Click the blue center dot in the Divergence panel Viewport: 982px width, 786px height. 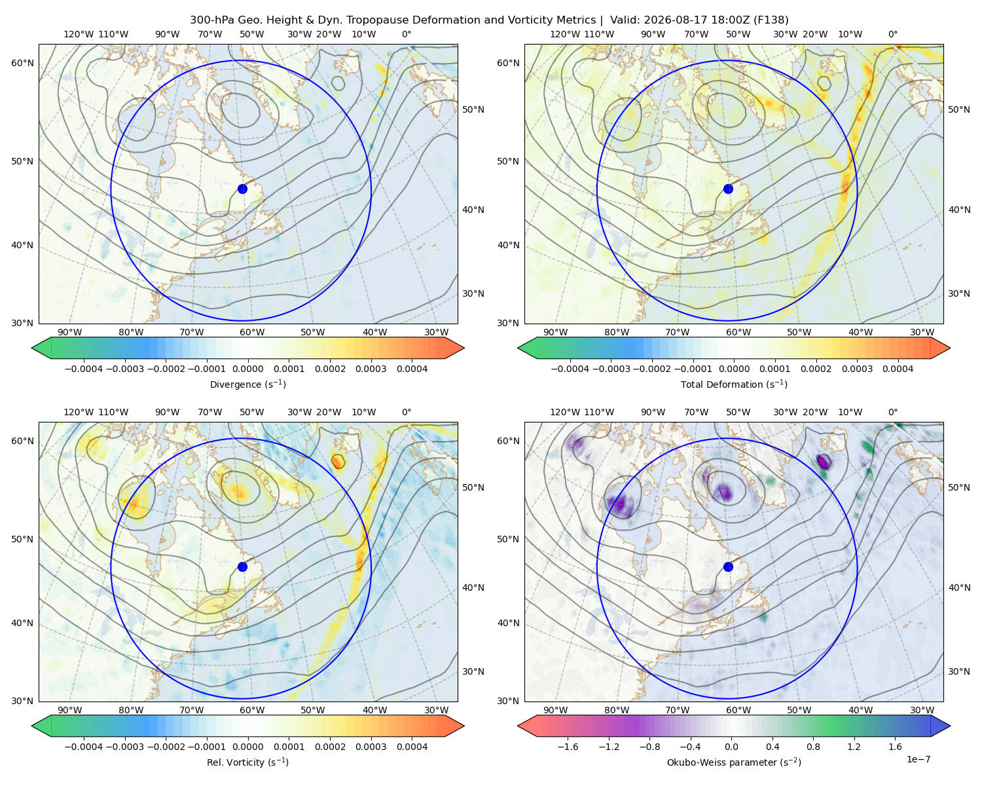click(x=242, y=189)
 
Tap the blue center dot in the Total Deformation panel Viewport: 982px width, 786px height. click(x=728, y=189)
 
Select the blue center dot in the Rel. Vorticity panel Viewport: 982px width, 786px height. click(x=242, y=567)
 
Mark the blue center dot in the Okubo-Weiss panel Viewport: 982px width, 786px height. click(x=728, y=567)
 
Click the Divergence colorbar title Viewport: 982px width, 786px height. click(x=247, y=384)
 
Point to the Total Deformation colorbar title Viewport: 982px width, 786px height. click(x=734, y=384)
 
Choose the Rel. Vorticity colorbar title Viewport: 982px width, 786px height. click(x=247, y=762)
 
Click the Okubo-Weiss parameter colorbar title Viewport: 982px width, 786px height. click(x=734, y=762)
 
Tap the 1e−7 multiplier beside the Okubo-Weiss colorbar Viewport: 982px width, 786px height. click(x=918, y=759)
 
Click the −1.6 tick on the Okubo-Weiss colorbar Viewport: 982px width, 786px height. click(x=568, y=746)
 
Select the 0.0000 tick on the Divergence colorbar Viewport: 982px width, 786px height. click(x=247, y=369)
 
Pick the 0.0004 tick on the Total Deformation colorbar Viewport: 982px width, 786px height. click(x=898, y=369)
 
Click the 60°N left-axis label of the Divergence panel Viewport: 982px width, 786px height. click(x=22, y=63)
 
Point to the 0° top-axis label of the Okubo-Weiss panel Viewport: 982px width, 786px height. click(x=892, y=411)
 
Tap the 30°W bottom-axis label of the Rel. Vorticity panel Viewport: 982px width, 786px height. click(x=436, y=710)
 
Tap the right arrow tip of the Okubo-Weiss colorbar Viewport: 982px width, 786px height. click(x=950, y=726)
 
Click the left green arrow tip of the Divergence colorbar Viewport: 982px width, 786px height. click(x=32, y=348)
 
